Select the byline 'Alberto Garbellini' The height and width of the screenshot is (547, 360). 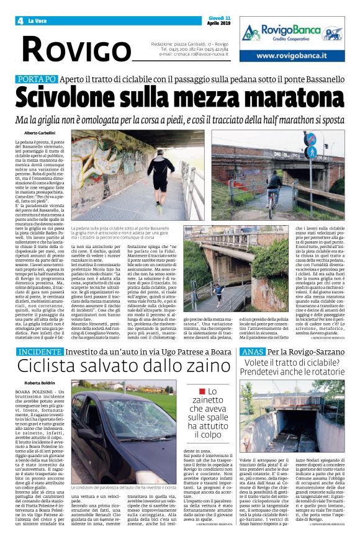[x=40, y=133]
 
